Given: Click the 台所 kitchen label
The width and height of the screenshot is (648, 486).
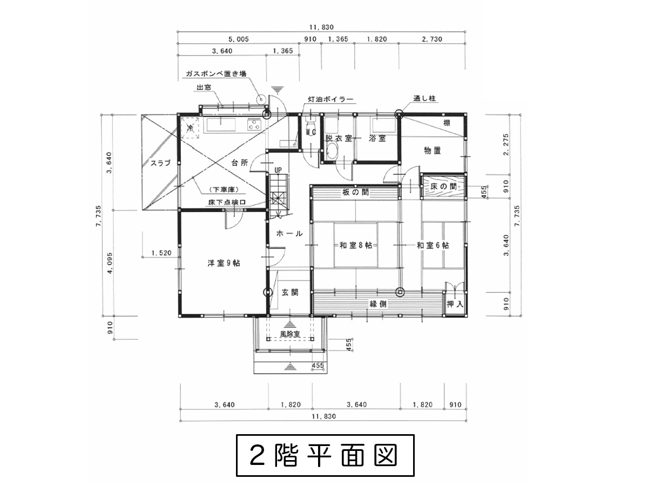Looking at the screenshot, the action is pyautogui.click(x=239, y=163).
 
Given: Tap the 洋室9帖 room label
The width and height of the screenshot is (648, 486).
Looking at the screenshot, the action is pyautogui.click(x=224, y=263).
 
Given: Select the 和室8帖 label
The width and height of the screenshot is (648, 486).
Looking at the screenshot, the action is pyautogui.click(x=355, y=245).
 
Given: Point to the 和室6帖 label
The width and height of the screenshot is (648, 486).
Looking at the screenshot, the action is pyautogui.click(x=433, y=245).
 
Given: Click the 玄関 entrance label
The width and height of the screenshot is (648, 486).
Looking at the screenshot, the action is pyautogui.click(x=289, y=293).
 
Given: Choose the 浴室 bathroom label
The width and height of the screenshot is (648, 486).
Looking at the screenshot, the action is pyautogui.click(x=377, y=138).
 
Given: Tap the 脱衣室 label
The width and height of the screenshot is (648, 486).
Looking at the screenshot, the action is pyautogui.click(x=339, y=138).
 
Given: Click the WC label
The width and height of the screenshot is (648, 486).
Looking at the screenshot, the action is pyautogui.click(x=311, y=132).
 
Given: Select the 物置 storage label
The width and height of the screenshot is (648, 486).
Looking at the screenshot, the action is pyautogui.click(x=432, y=151).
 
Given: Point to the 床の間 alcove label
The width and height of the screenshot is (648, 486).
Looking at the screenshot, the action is pyautogui.click(x=443, y=186).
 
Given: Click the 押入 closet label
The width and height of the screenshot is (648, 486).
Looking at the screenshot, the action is pyautogui.click(x=455, y=304).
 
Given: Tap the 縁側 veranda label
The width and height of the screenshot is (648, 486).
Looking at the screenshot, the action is pyautogui.click(x=378, y=304).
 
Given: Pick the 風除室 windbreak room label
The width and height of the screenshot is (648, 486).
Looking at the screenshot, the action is pyautogui.click(x=290, y=334).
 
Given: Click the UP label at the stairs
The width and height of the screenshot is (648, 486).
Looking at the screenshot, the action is pyautogui.click(x=278, y=170).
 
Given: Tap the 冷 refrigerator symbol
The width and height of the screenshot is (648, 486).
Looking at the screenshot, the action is pyautogui.click(x=190, y=128).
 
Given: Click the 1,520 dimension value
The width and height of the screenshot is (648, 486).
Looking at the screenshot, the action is pyautogui.click(x=161, y=253).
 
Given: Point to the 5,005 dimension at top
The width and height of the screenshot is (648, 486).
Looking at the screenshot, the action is pyautogui.click(x=239, y=39).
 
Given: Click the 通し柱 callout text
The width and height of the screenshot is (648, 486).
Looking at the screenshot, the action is pyautogui.click(x=424, y=98).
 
